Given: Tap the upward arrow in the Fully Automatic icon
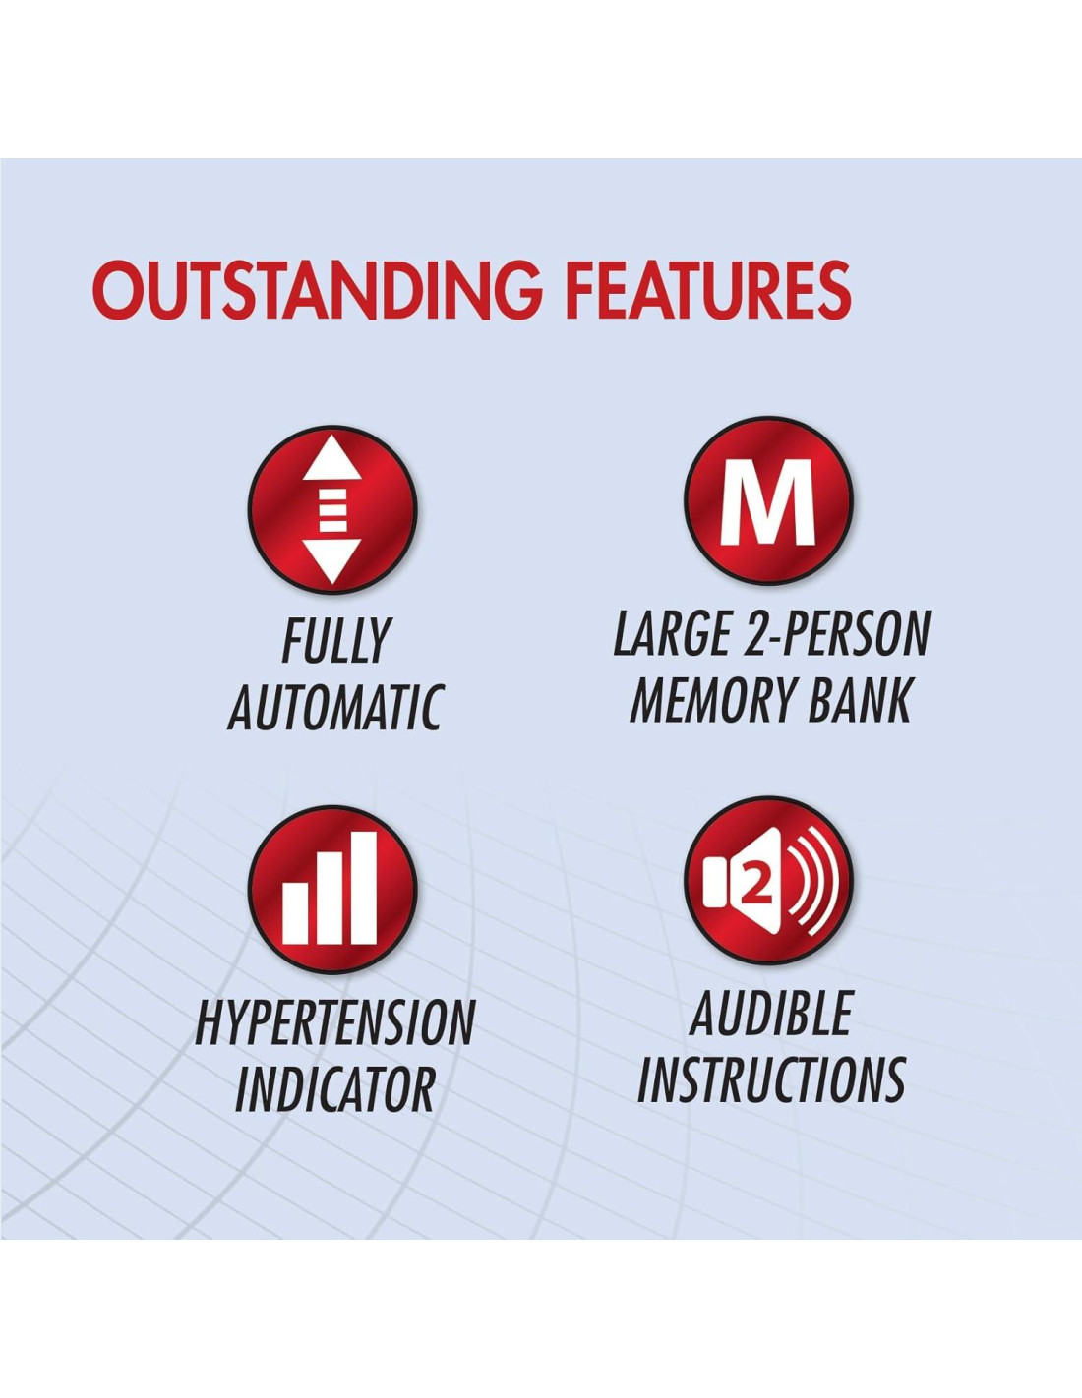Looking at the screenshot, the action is coord(332,459).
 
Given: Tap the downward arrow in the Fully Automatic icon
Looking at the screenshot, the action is coord(331,561).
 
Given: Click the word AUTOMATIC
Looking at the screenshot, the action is coord(334,708).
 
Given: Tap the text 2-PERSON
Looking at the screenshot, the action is coord(835,634).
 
